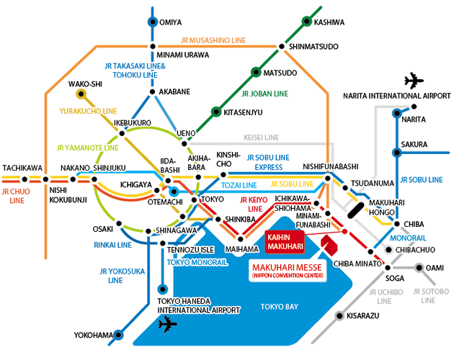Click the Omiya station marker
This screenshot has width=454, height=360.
(x=152, y=22)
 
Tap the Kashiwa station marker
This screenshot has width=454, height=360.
(x=306, y=22)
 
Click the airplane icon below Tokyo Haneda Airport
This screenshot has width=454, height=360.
(x=166, y=326)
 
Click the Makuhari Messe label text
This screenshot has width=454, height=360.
(x=288, y=270)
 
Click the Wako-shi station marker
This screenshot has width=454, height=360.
(x=82, y=94)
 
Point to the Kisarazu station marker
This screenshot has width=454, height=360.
(x=338, y=315)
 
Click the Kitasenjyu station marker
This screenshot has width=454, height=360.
(x=215, y=112)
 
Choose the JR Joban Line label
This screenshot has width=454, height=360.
(x=264, y=94)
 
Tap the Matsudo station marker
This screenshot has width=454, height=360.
(x=255, y=73)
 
